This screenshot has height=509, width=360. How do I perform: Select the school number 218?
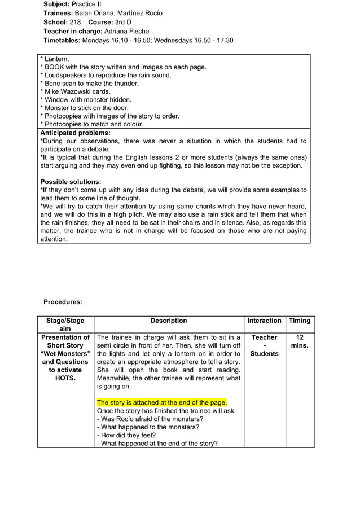[x=75, y=22]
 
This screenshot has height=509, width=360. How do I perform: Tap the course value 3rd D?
[x=123, y=22]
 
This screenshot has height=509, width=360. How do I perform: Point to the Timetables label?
[x=62, y=40]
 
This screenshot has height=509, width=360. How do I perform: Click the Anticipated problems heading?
[x=75, y=133]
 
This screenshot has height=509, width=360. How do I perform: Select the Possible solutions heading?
[x=71, y=182]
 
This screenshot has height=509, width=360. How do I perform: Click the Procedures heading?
[x=63, y=302]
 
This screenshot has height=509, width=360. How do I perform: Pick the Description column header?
[x=169, y=321]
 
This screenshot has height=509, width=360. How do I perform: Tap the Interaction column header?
[x=264, y=321]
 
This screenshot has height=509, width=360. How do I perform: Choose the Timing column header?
[x=300, y=321]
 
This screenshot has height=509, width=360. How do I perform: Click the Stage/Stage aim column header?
[x=65, y=324]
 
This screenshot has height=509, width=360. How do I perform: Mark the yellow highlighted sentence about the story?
[x=162, y=402]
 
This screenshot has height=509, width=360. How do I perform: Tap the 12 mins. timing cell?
[x=300, y=341]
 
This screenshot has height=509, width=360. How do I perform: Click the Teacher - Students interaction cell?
[x=264, y=345]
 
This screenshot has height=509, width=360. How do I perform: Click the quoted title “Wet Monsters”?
[x=65, y=353]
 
